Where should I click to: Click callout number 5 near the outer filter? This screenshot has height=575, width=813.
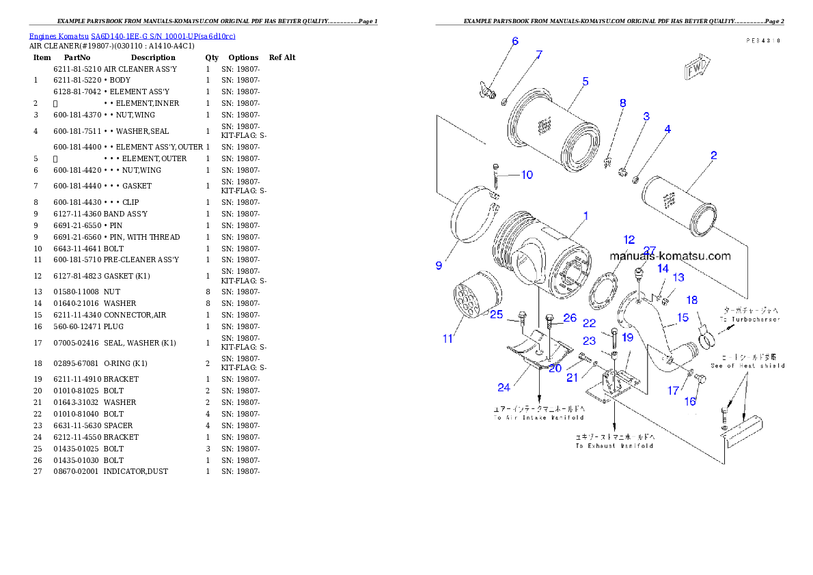585,81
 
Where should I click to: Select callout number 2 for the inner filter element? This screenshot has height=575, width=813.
713,155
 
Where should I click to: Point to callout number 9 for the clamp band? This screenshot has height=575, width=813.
439,265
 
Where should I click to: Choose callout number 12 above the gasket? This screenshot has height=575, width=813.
629,240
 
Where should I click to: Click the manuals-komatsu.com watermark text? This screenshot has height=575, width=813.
670,257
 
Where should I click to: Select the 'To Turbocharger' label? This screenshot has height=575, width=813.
749,319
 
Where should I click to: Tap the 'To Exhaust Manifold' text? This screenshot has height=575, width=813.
614,445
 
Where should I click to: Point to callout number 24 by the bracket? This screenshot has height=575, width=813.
504,387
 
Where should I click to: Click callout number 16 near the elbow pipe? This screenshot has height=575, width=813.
690,402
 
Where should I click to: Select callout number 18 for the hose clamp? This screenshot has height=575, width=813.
691,300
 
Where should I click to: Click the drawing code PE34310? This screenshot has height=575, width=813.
763,41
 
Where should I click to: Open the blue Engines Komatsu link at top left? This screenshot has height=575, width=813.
132,36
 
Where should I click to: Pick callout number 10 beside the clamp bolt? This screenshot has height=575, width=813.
527,175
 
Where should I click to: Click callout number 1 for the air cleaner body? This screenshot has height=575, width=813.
585,215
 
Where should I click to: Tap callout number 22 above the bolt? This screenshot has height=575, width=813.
589,323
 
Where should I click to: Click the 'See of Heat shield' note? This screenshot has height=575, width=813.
747,365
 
